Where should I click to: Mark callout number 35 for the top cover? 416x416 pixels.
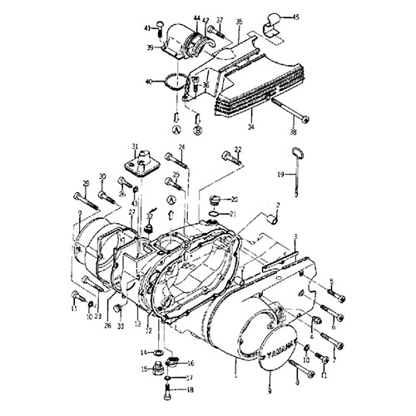(x=240, y=18)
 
